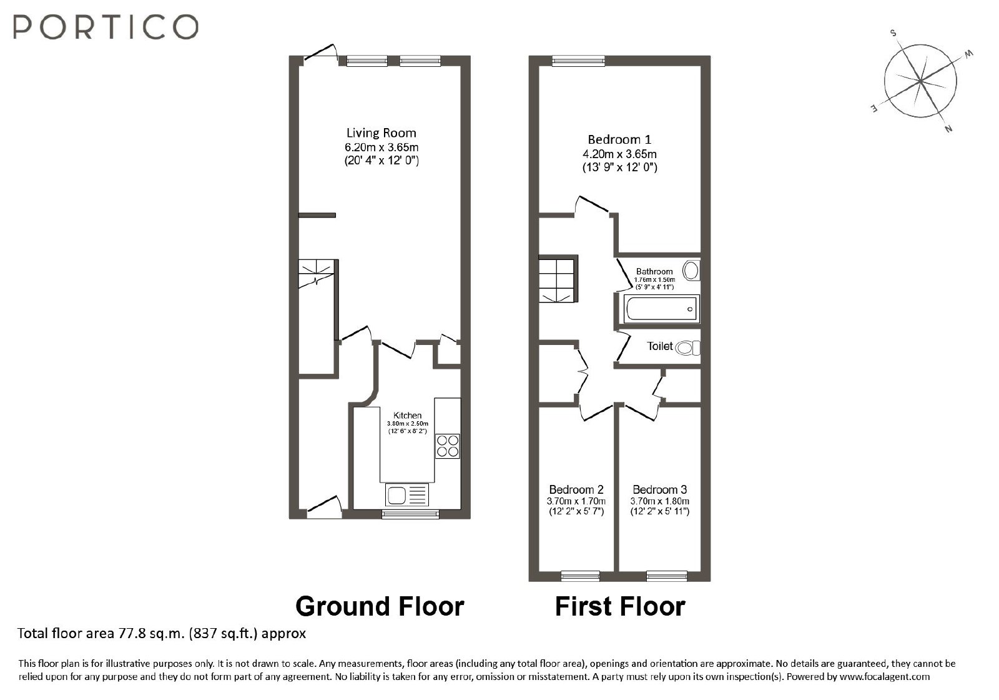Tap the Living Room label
click(x=381, y=132)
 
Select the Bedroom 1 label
click(x=619, y=139)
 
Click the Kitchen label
click(x=407, y=415)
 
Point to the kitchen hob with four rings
click(x=447, y=446)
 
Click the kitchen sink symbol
click(x=406, y=494)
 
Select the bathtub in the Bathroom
click(x=661, y=309)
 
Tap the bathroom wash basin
click(x=691, y=271)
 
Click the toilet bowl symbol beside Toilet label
click(x=687, y=347)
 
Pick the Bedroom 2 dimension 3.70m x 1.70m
click(x=576, y=501)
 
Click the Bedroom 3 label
click(x=659, y=489)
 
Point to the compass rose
click(x=920, y=81)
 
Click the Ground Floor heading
click(x=380, y=606)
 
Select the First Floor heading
click(x=620, y=606)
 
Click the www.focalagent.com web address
click(x=885, y=676)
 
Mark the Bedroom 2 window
click(x=580, y=576)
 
